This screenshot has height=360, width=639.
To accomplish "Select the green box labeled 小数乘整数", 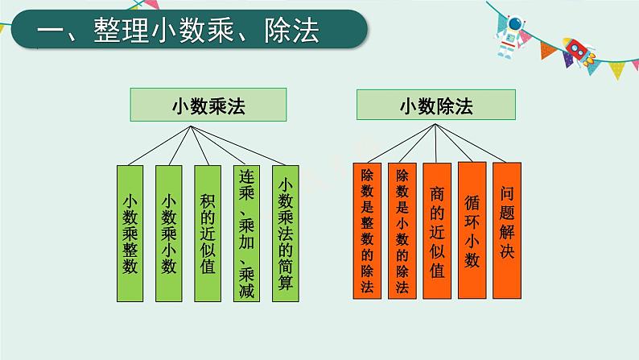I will (131, 234).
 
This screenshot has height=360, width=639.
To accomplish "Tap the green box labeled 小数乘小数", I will (170, 234).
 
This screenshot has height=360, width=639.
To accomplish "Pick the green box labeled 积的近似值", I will (208, 234).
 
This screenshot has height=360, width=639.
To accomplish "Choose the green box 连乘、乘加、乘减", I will (247, 234).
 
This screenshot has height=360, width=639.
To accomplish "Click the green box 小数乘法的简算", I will (286, 234).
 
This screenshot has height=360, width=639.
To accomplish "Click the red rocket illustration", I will (577, 49).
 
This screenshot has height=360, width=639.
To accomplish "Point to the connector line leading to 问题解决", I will (475, 143).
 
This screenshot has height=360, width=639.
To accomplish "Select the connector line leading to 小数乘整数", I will (161, 145).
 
